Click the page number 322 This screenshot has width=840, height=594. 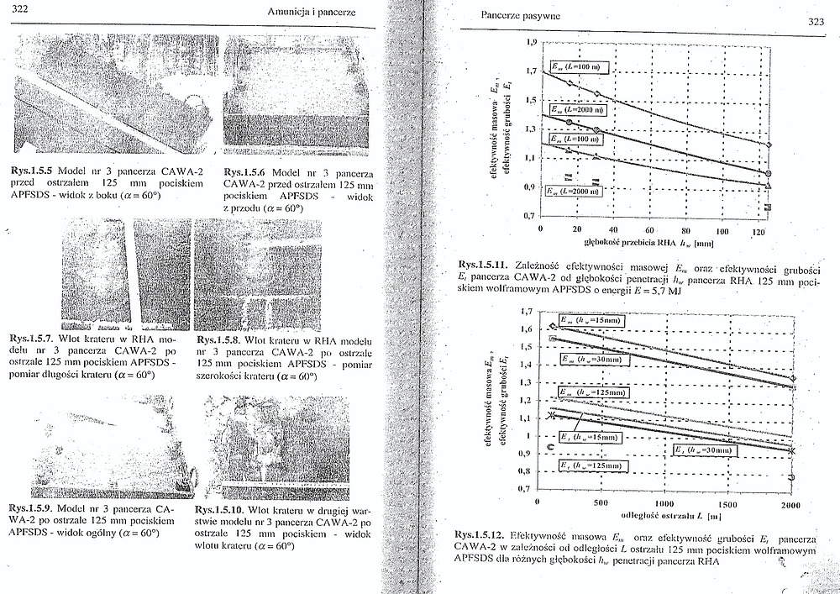23,9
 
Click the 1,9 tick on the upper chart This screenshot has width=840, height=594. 529,41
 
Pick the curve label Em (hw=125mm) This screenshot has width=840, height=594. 592,392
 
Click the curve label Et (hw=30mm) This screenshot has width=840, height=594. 701,450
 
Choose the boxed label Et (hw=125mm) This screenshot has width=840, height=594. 591,465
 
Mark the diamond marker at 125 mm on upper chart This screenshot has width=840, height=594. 768,145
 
